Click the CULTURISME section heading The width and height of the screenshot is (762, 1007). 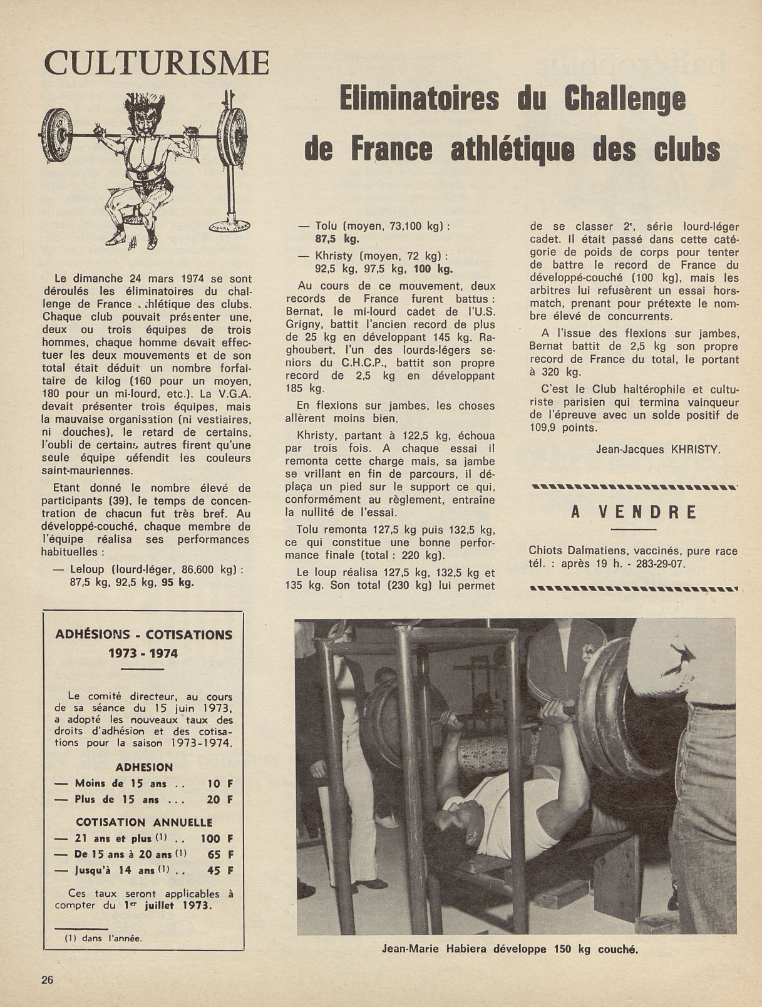[157, 64]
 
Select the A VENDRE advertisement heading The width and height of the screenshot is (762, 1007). [634, 512]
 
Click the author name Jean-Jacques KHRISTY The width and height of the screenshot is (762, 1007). [654, 448]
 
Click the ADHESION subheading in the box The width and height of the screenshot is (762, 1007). [144, 767]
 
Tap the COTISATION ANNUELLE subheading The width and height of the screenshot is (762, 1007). [144, 822]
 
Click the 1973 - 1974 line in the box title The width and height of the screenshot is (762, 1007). [143, 653]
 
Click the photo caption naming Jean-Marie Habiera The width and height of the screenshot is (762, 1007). [510, 966]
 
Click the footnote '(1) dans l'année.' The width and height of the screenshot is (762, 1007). [103, 938]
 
